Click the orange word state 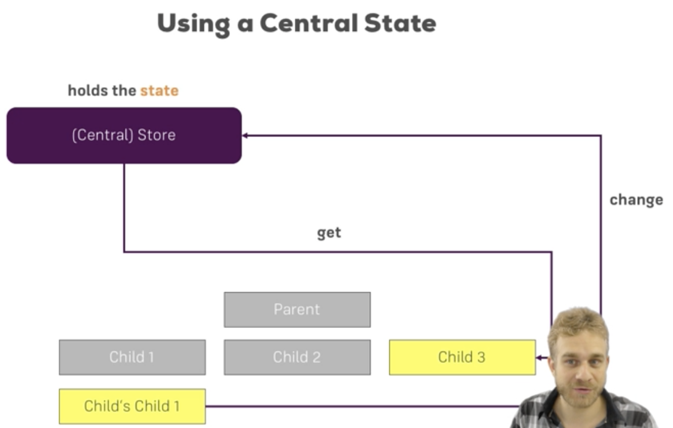159,91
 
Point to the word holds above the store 84,91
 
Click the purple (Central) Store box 124,135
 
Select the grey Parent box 297,309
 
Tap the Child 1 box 132,357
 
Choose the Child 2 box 297,357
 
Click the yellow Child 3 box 462,357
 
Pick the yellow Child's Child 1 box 132,406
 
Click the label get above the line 329,233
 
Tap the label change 636,200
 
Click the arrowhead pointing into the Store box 245,135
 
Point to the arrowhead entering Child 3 538,358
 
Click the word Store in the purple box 157,135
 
